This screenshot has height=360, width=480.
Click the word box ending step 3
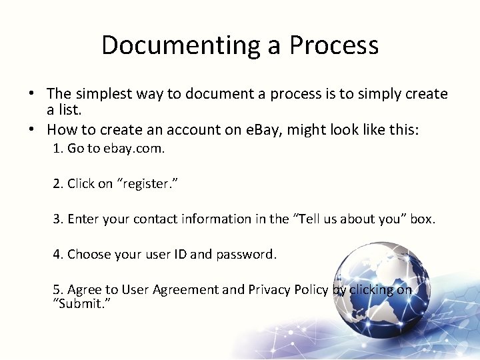pyautogui.click(x=422, y=219)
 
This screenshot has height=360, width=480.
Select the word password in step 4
pyautogui.click(x=246, y=254)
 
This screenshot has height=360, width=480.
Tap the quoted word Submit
pyautogui.click(x=81, y=303)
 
